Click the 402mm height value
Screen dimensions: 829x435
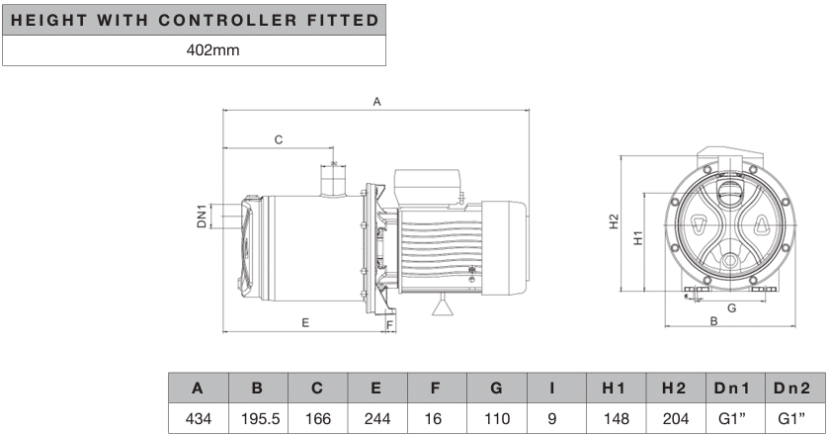[x=212, y=50]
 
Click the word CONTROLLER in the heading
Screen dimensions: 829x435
[x=227, y=20]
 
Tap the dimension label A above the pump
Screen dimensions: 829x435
[x=377, y=102]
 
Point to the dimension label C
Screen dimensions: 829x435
[x=279, y=139]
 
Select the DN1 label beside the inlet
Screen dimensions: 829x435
[x=202, y=216]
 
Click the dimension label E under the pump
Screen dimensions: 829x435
[x=305, y=322]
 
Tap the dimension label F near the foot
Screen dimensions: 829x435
[x=390, y=325]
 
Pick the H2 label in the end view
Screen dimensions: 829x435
[x=614, y=221]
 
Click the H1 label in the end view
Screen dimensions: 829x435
[x=638, y=237]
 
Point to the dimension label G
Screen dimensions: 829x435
[x=732, y=308]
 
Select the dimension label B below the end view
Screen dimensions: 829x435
[x=713, y=321]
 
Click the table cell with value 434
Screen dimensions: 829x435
[x=199, y=418]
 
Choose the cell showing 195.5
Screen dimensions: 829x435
[x=260, y=418]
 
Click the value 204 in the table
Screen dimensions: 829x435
[x=676, y=418]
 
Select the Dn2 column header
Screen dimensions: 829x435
[x=791, y=388]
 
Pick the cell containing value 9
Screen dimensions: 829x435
[x=552, y=418]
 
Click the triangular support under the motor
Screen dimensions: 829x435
[x=443, y=305]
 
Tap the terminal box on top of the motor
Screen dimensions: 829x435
[x=426, y=186]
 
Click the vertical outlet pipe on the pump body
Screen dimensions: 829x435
[x=333, y=181]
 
